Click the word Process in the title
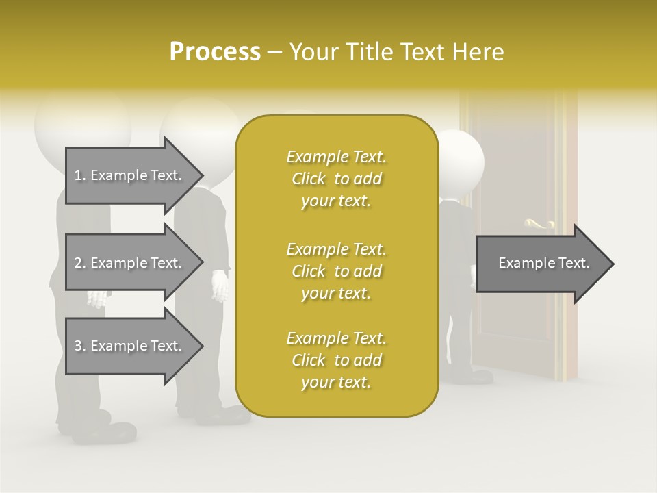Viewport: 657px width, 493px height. tap(215, 52)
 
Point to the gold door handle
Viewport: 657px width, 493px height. tap(541, 223)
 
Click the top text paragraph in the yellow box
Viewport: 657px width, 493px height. tap(336, 179)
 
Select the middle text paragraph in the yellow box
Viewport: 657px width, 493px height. tap(336, 271)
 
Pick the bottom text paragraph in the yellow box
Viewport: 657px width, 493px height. tap(336, 360)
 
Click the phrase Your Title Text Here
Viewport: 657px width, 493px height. tap(397, 52)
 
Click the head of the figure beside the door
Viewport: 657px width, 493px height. tap(460, 161)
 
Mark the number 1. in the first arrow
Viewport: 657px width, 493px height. tap(79, 175)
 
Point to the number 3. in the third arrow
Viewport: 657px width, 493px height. tap(79, 346)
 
